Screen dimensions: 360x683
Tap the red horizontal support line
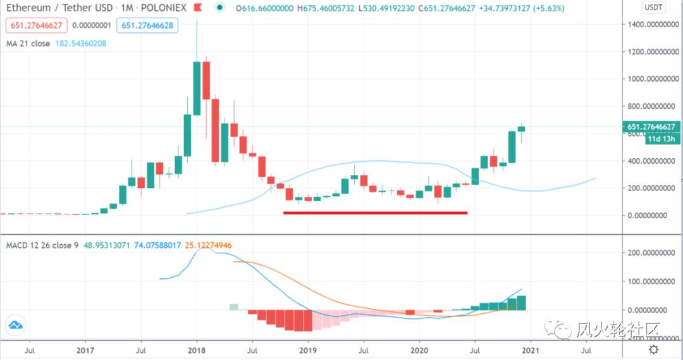pyautogui.click(x=375, y=213)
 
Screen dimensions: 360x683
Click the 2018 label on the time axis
pyautogui.click(x=196, y=349)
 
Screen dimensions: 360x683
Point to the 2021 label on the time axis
pyautogui.click(x=531, y=349)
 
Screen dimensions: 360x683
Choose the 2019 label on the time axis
pyautogui.click(x=307, y=349)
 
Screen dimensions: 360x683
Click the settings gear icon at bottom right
pyautogui.click(x=653, y=349)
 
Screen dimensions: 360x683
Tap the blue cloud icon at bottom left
pyautogui.click(x=16, y=325)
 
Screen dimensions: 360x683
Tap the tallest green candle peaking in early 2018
pyautogui.click(x=197, y=88)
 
